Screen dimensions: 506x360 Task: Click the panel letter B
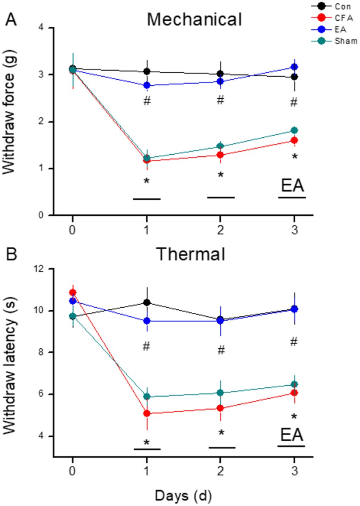[11, 256]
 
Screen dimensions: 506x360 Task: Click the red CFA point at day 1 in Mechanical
[147, 161]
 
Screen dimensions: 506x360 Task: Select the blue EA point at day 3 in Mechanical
[294, 67]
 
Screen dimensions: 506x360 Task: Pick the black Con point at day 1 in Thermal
[147, 302]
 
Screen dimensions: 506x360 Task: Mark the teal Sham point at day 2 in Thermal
[220, 392]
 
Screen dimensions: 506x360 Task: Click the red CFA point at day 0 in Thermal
[73, 292]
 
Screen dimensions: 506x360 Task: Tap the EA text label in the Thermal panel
[291, 435]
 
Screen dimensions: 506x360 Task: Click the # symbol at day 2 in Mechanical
[220, 100]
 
